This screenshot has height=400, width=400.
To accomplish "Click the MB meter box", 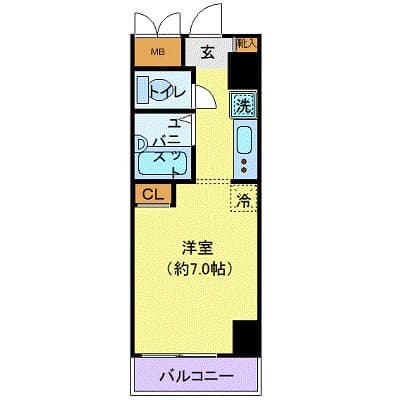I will [x=157, y=52].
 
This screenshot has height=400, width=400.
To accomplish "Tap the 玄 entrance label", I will [x=208, y=53].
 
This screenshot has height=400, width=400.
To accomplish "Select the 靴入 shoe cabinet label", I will [x=246, y=44].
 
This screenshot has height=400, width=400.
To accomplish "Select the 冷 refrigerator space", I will [x=243, y=198].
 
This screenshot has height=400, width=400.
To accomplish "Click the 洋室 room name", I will [x=195, y=247].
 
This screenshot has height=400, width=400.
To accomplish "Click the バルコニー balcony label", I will [x=197, y=377].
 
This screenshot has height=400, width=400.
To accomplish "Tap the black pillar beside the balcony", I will [x=245, y=337].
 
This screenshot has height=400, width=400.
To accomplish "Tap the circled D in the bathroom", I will [x=141, y=143].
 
